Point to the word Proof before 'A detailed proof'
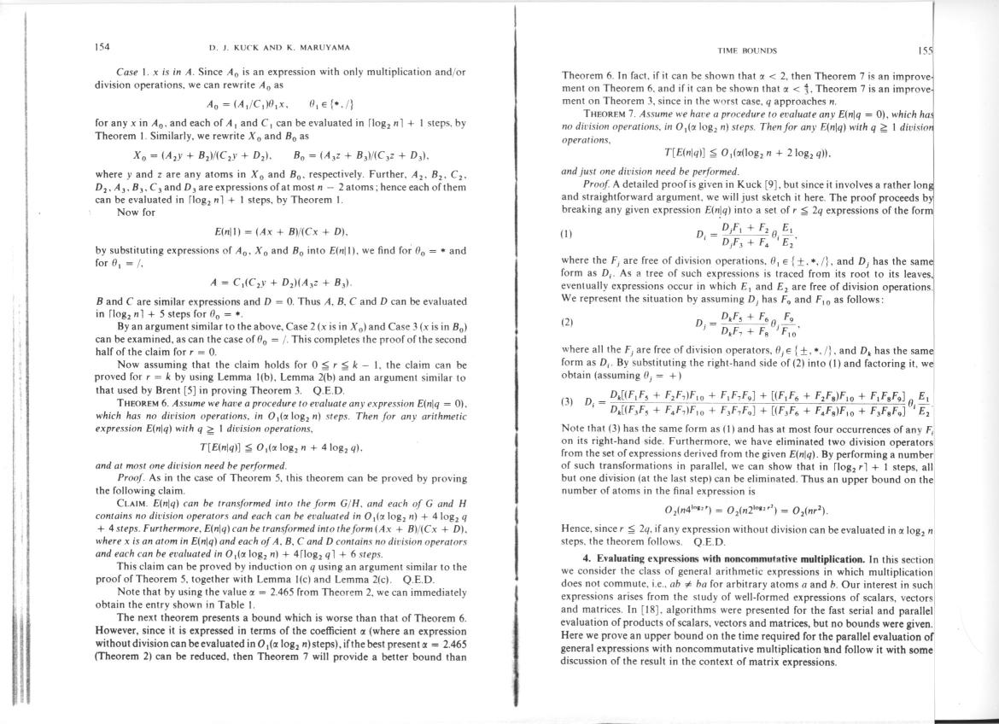(x=594, y=184)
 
